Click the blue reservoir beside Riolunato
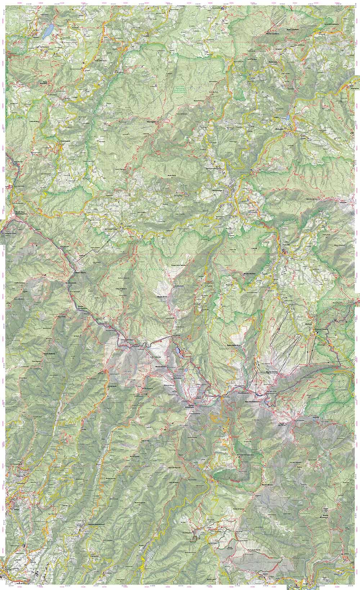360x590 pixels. point(288,118)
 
